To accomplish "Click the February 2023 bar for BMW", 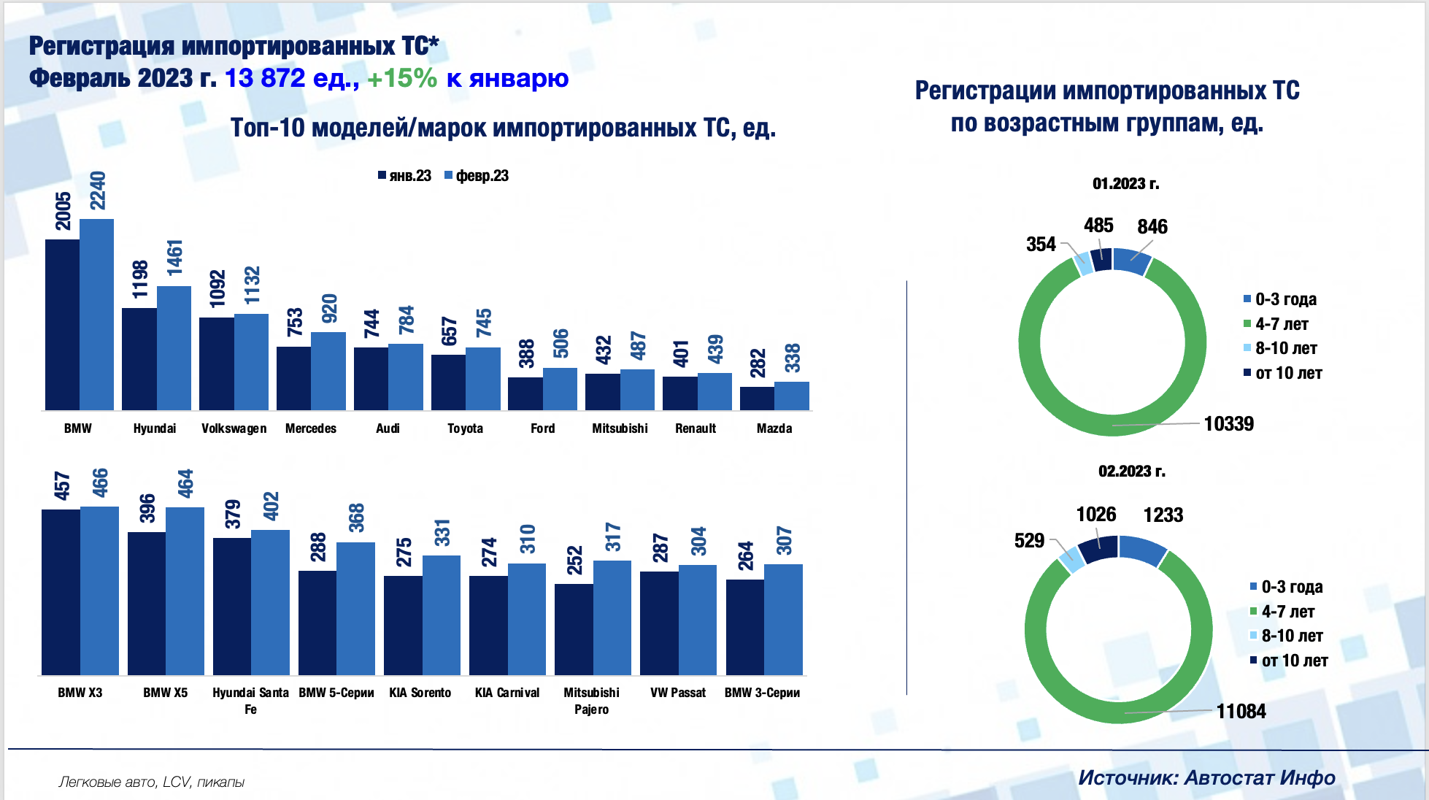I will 96,314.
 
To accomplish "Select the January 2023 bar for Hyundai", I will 139,358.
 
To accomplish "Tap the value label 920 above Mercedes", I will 329,309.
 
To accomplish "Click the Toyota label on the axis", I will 465,428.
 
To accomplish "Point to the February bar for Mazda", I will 792,396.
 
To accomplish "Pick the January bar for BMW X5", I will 147,603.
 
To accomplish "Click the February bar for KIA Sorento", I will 442,615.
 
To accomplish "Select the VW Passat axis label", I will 678,693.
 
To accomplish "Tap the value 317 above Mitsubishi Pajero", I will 612,537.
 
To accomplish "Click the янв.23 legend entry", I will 405,176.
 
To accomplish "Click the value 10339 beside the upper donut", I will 1228,424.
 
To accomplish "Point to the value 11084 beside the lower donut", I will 1241,712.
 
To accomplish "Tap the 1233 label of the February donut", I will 1163,515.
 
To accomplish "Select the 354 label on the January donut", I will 1041,245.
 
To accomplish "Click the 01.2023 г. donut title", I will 1125,184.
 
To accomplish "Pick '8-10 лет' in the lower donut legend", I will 1291,636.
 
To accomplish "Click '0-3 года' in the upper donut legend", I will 1284,299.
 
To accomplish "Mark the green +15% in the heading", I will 401,78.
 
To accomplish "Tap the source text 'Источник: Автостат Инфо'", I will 1206,778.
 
